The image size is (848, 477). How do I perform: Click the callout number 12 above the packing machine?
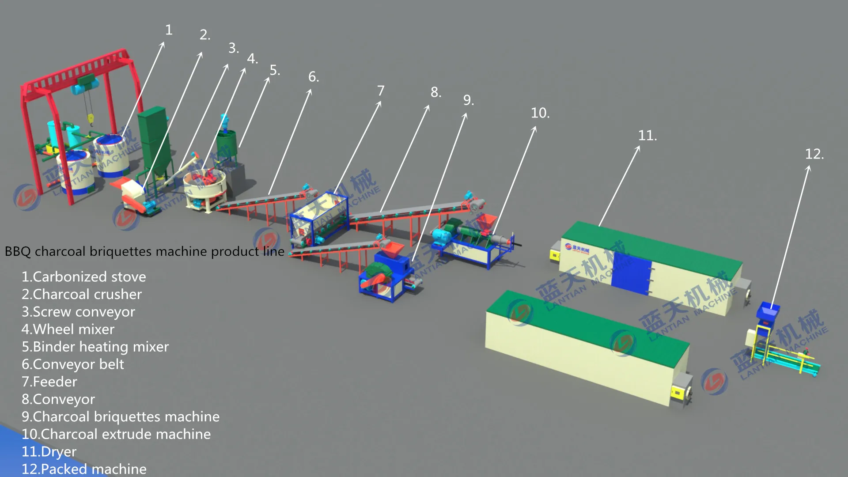tap(814, 154)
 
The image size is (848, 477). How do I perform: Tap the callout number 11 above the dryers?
tap(647, 136)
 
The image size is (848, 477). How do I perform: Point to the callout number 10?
tap(540, 113)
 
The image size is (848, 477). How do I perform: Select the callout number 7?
tap(381, 91)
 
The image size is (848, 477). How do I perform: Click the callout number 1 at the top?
tap(169, 30)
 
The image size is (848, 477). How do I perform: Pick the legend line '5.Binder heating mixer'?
tap(95, 347)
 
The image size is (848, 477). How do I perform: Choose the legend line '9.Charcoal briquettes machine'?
tap(120, 416)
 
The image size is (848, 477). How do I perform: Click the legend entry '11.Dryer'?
tap(49, 451)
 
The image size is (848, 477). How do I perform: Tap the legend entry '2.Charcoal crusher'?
tap(82, 294)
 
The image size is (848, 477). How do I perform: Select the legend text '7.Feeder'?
tap(49, 382)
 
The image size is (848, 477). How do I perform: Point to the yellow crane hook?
tap(91, 118)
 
